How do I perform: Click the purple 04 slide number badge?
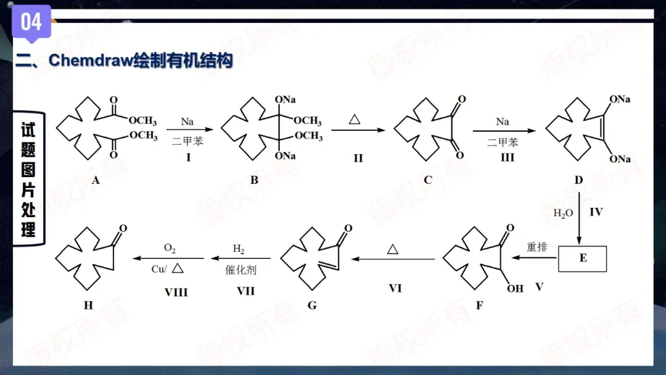31,22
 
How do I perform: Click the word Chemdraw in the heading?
91,60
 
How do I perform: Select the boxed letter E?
582,258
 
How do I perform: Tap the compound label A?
96,180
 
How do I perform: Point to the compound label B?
254,180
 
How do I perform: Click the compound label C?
428,180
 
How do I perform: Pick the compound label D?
578,180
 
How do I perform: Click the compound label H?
88,305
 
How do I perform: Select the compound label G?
312,305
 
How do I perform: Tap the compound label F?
480,305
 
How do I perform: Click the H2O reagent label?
563,213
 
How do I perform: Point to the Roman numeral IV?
596,212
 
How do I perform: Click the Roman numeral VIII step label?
176,292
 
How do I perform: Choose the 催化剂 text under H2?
240,270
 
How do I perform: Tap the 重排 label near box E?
537,247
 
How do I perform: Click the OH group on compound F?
515,289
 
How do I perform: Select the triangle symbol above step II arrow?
355,119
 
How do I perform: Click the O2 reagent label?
170,249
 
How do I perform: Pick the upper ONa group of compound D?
620,99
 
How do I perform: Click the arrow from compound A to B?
190,129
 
